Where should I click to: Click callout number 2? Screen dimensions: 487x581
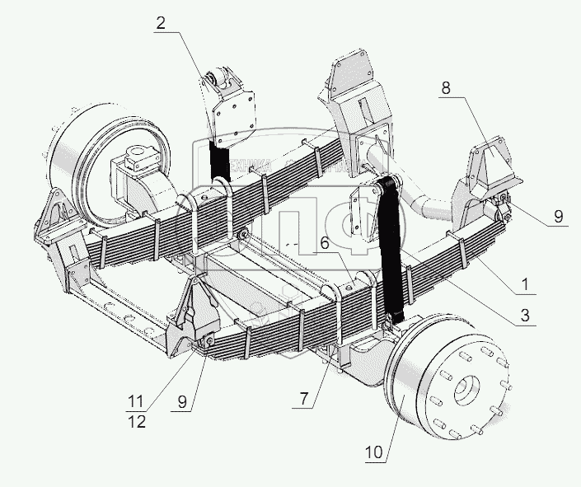160,23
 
